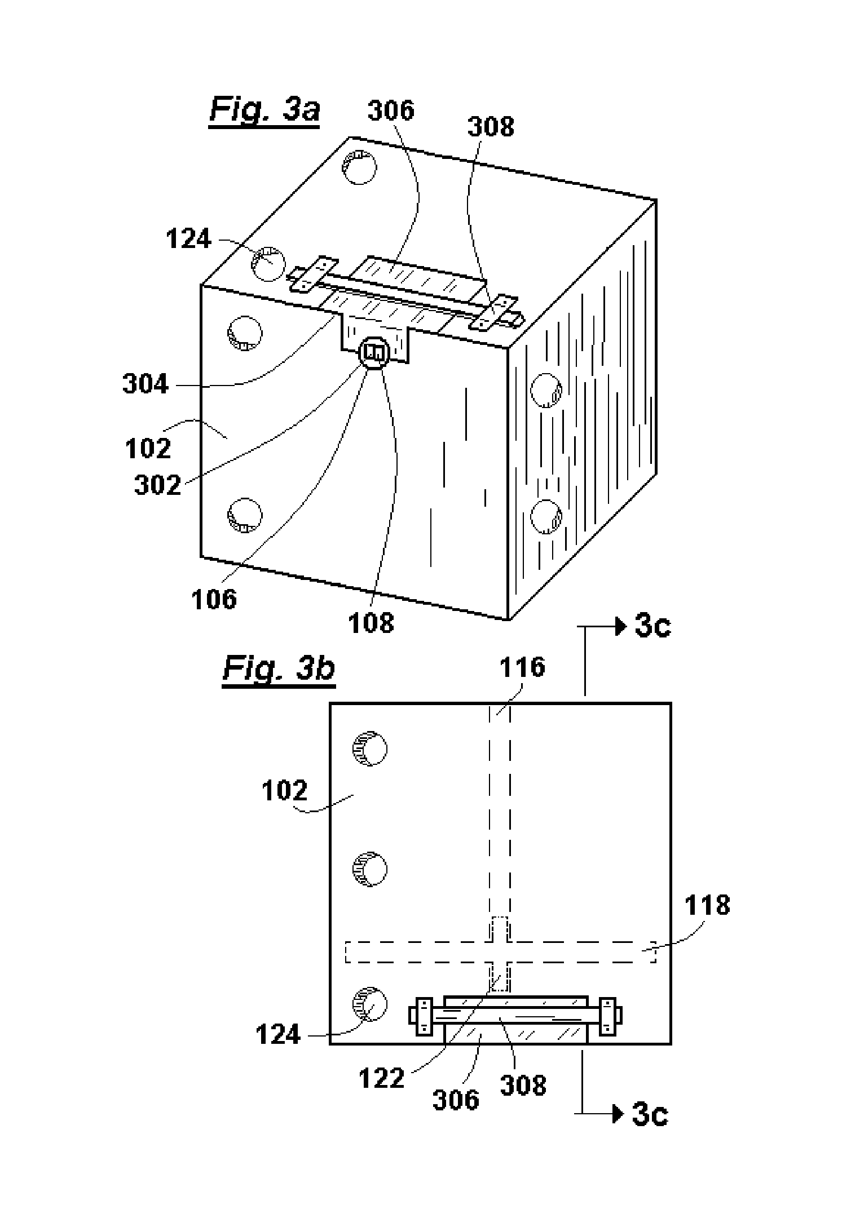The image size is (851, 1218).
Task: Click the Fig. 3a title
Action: click(264, 110)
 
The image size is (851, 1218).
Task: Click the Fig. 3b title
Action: click(279, 669)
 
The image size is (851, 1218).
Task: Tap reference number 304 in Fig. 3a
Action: click(146, 384)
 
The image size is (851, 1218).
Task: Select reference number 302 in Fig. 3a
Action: click(158, 485)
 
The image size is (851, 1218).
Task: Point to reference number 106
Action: click(214, 599)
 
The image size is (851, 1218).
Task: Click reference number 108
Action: click(371, 623)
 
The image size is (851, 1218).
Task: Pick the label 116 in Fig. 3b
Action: click(522, 667)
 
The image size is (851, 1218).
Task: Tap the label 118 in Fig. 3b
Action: click(707, 905)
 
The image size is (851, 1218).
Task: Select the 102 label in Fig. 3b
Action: click(285, 791)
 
